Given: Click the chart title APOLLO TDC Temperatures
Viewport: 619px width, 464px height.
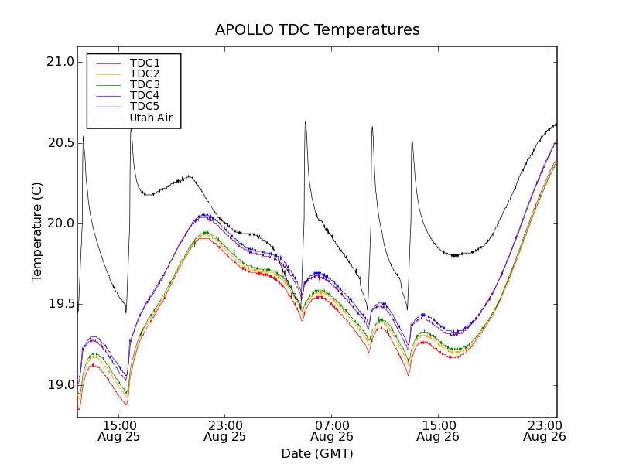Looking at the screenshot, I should (x=317, y=30).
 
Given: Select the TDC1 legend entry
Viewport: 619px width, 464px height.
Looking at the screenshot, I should (x=145, y=63).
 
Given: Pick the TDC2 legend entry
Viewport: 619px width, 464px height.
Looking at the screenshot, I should (x=145, y=73).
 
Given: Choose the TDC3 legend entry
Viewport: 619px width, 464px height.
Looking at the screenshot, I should (x=145, y=84).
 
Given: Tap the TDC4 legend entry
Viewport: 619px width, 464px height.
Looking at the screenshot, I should (x=145, y=95).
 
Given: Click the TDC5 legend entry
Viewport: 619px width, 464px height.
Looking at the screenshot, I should (x=145, y=106).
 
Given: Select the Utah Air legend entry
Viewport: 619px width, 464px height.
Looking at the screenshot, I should (x=151, y=118).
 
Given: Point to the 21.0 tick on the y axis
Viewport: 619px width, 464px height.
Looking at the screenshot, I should (x=60, y=62).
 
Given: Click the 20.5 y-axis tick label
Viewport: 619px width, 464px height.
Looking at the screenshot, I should (x=60, y=143).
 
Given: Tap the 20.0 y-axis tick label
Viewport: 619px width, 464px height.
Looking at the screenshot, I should (x=60, y=223).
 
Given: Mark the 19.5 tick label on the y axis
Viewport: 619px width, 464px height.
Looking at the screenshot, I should (x=60, y=305).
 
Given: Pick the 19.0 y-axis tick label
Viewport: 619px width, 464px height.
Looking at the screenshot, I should (x=60, y=385).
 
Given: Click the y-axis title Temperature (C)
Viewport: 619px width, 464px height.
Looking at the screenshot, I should (x=37, y=232).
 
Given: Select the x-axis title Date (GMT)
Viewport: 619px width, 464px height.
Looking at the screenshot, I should (x=317, y=453).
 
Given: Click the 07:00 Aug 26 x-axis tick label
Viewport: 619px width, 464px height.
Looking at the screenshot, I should (x=331, y=431).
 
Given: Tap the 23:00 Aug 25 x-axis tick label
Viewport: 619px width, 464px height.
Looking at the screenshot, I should (x=224, y=431).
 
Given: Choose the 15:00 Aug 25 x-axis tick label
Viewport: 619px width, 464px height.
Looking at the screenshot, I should (x=118, y=431).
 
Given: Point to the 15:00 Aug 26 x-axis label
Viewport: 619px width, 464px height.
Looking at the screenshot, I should (x=438, y=431).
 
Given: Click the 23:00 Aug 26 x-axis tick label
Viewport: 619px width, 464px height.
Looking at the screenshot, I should (x=544, y=431).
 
